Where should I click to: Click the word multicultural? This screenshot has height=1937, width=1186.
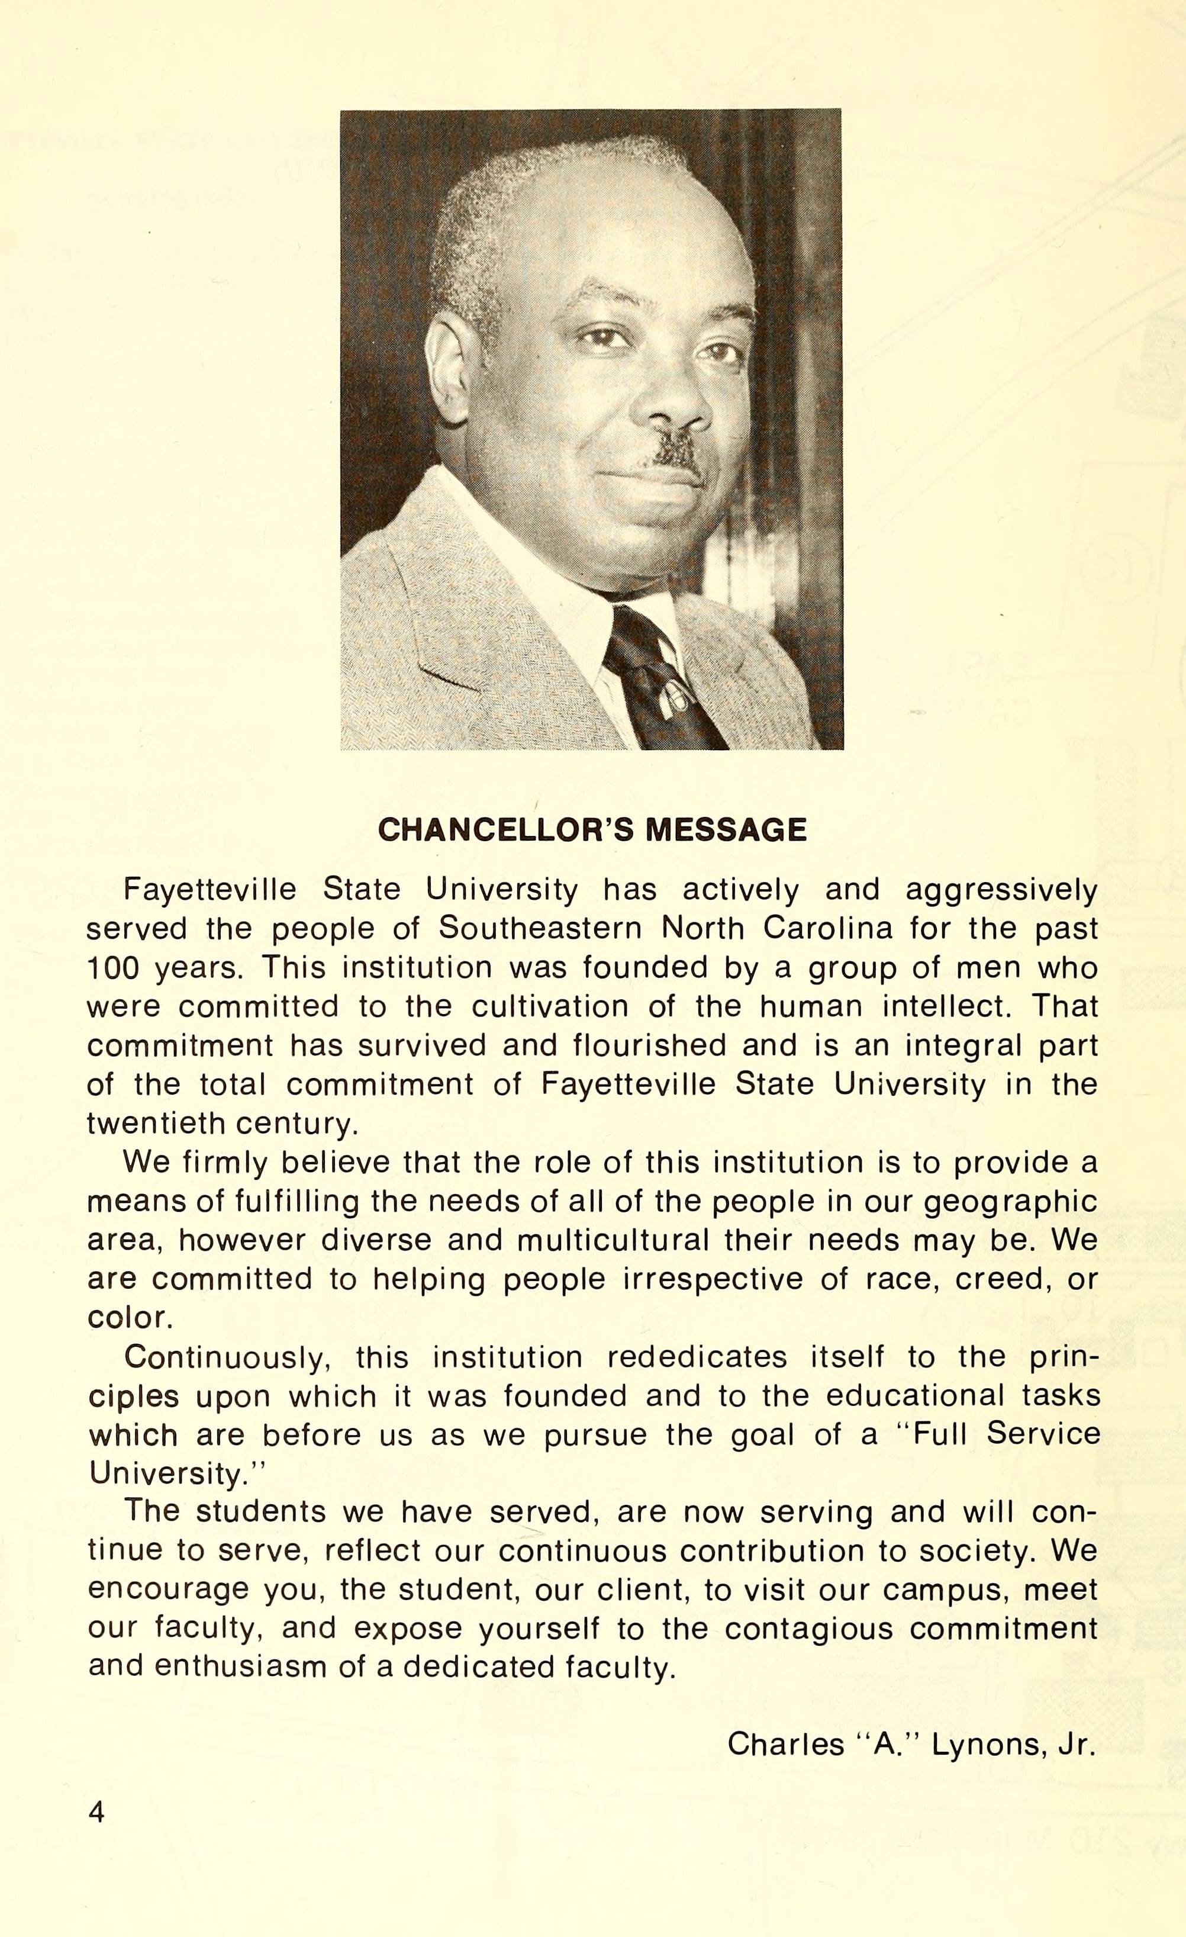pos(613,1240)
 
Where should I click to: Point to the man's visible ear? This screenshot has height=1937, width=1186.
pos(448,369)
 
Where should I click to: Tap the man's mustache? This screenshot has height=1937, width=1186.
pos(672,452)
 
